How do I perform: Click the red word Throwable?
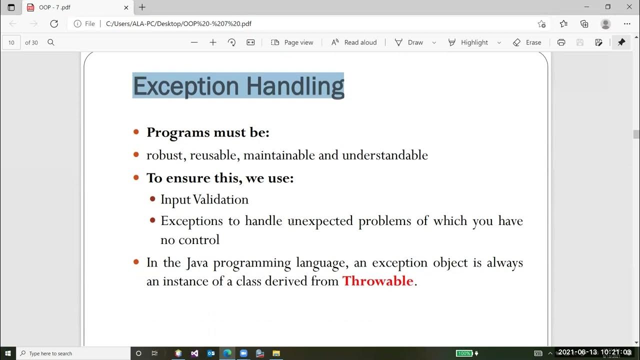[377, 281]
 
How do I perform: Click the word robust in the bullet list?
[166, 155]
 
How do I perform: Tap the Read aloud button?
[354, 42]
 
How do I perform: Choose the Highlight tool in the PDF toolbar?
[468, 42]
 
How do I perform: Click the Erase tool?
[527, 42]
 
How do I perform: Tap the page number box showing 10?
[11, 42]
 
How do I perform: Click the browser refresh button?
[54, 23]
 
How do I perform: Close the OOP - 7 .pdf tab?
[126, 7]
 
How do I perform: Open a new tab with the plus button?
[142, 7]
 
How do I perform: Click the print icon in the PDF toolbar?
[561, 42]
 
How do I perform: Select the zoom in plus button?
[213, 42]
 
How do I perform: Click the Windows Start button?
[8, 353]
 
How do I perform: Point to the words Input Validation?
[204, 199]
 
